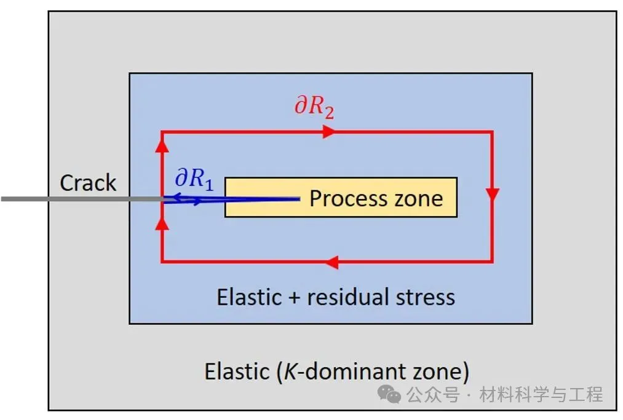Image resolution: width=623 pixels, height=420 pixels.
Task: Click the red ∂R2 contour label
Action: (314, 107)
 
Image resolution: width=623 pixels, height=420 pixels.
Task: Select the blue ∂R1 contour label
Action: (194, 179)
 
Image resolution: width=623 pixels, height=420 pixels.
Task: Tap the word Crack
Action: (88, 182)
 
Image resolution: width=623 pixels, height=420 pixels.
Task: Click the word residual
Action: (347, 297)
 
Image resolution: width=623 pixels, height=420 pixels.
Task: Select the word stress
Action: (425, 297)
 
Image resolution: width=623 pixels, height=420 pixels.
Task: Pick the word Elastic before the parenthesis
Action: (237, 372)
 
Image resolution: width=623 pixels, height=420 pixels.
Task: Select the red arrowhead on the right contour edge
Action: (492, 193)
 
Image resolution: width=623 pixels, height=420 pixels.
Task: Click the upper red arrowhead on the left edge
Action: (162, 145)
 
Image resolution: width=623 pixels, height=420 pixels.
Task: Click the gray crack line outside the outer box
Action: (25, 199)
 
